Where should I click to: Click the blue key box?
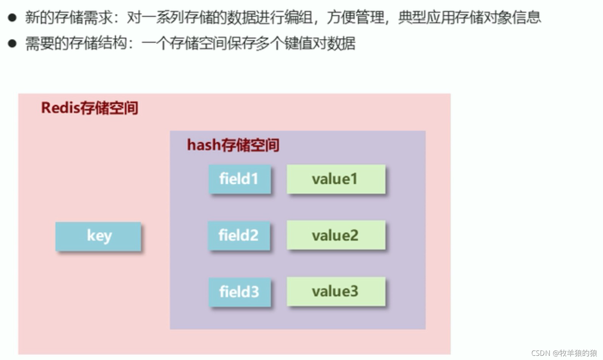[x=98, y=236]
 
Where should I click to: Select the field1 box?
[x=240, y=179]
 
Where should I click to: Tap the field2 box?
[x=239, y=235]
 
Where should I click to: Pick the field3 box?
[x=240, y=292]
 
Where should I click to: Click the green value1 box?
[x=336, y=179]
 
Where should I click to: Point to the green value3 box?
[x=336, y=292]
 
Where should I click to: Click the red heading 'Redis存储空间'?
[x=89, y=108]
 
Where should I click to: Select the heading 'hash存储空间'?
[x=233, y=145]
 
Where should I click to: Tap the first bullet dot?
[x=12, y=18]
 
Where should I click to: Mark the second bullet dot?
[x=12, y=43]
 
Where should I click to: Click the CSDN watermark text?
[x=564, y=353]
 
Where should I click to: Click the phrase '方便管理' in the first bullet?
[x=355, y=18]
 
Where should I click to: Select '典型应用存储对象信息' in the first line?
[x=469, y=18]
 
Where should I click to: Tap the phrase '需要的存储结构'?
[x=76, y=43]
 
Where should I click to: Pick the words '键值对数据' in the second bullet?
[x=320, y=43]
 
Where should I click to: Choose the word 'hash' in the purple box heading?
[x=204, y=145]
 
